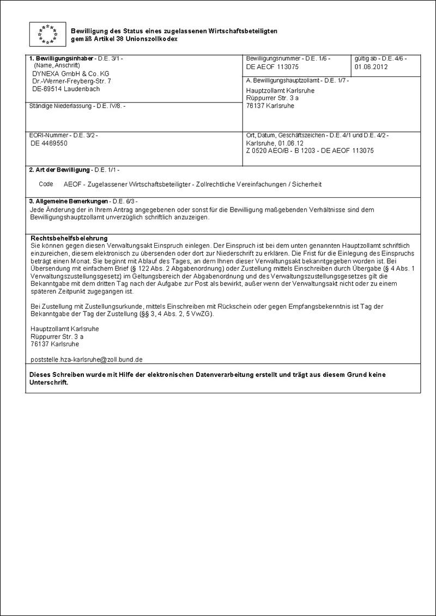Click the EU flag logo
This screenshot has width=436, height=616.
pos(47,34)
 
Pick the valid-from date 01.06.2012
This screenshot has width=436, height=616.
pos(371,67)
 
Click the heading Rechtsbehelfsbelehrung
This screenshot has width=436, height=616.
pos(69,239)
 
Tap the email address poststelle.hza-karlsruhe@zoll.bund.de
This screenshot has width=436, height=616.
pos(87,359)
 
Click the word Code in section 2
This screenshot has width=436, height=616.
pos(46,184)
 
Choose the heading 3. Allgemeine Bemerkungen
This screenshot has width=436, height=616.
pos(68,202)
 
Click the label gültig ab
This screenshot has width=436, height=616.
pos(366,58)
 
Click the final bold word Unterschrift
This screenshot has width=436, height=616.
pos(49,383)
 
